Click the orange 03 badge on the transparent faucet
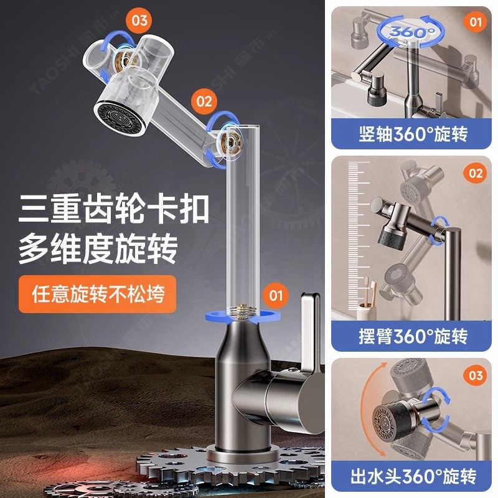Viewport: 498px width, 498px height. pos(139,21)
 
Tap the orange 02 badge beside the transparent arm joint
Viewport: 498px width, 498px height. pos(204,100)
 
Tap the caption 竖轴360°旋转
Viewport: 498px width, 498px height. pos(413,134)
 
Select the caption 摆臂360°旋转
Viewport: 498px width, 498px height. pos(413,336)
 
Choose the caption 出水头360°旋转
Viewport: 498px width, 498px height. pos(413,476)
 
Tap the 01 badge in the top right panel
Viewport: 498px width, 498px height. pos(475,22)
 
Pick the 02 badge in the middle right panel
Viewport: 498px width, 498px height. pos(475,173)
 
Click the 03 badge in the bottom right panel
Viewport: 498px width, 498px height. pos(475,375)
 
